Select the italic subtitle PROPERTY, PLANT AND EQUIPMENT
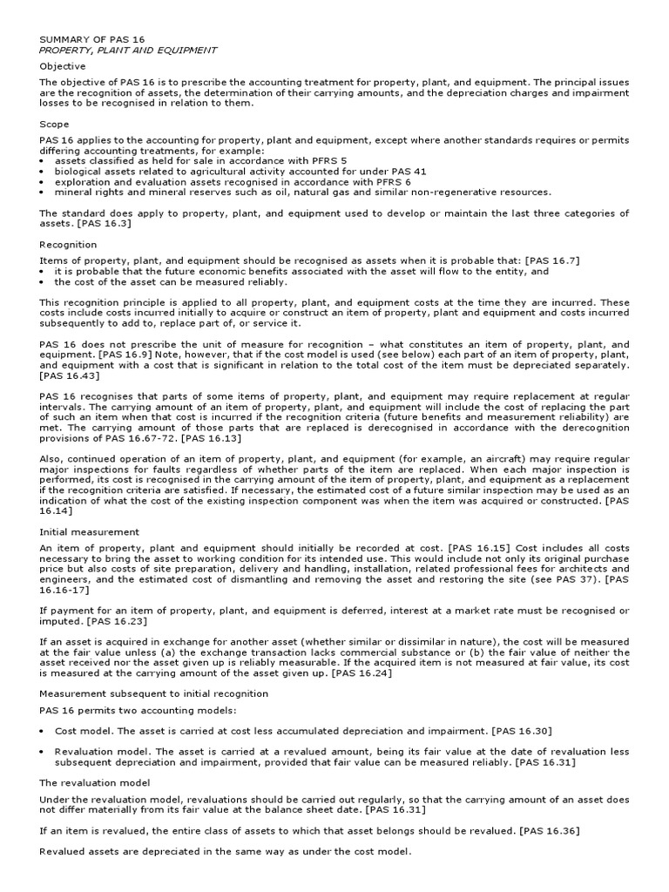pyautogui.click(x=128, y=51)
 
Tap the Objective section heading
pyautogui.click(x=63, y=66)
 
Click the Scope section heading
pyautogui.click(x=54, y=125)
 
